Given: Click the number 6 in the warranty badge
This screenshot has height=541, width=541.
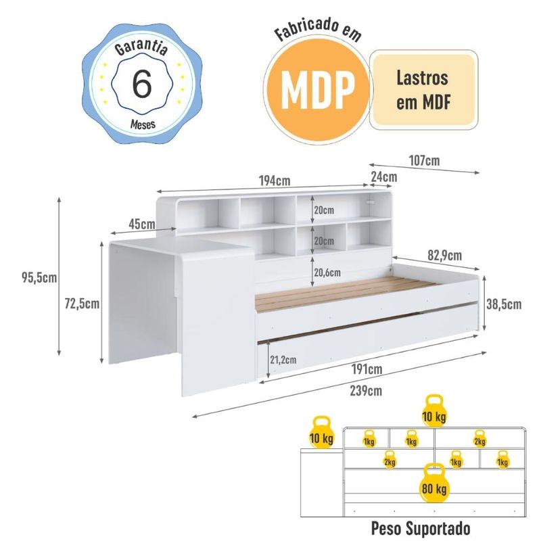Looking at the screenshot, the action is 142,83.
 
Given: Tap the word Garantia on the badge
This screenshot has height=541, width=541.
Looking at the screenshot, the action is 141,47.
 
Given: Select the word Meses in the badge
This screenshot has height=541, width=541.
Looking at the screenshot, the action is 143,124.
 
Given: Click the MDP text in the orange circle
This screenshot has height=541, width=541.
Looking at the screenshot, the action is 318,91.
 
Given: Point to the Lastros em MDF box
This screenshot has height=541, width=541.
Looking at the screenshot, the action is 424,90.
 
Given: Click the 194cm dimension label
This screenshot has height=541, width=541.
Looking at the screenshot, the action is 275,181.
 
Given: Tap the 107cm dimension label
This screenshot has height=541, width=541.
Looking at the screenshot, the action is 425,160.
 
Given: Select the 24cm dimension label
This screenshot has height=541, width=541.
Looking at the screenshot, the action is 384,177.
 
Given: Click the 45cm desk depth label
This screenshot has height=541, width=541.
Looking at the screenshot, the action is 142,225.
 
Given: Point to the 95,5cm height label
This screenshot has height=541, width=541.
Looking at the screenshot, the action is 39,277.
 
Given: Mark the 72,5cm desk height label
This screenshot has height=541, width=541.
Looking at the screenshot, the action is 82,304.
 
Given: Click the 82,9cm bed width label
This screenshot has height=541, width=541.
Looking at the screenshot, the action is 445,256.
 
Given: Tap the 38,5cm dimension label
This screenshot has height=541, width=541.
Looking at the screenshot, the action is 504,304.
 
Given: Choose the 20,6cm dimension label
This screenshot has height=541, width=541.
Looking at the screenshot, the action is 327,273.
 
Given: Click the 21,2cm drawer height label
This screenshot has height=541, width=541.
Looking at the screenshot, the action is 283,360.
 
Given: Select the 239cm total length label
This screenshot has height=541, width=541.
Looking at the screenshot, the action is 366,391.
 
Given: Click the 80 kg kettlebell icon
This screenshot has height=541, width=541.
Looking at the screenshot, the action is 434,483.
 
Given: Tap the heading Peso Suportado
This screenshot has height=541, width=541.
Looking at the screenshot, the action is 421,528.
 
